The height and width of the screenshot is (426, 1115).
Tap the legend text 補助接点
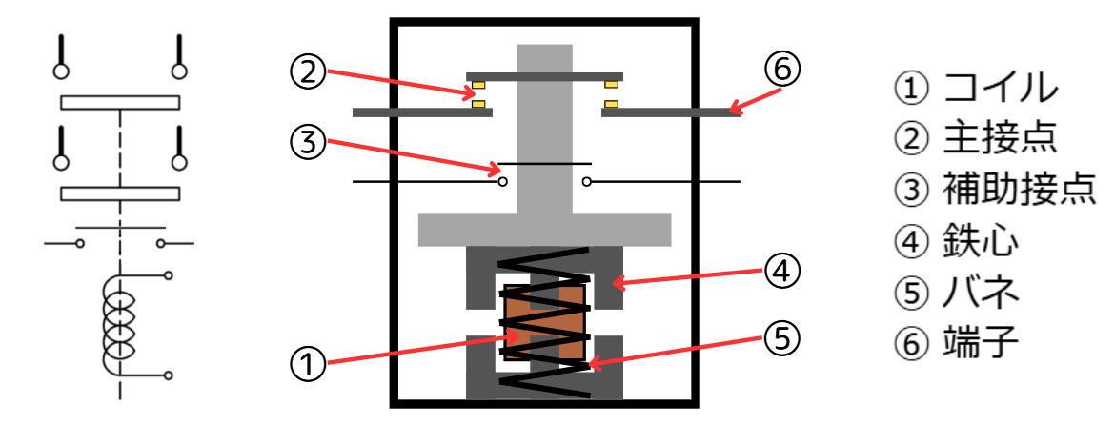pos(1019,190)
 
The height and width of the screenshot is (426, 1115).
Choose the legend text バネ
pos(982,291)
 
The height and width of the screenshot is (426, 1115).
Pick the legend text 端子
pos(982,341)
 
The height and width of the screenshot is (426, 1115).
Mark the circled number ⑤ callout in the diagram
pos(784,339)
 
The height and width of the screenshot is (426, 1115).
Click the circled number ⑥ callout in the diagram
pos(784,70)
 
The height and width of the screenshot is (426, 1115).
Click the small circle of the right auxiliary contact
pos(587,181)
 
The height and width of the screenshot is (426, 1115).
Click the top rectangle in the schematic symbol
pos(120,102)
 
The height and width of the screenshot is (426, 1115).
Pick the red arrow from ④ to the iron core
pos(686,276)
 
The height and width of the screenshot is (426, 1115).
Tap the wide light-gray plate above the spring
pos(544,230)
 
